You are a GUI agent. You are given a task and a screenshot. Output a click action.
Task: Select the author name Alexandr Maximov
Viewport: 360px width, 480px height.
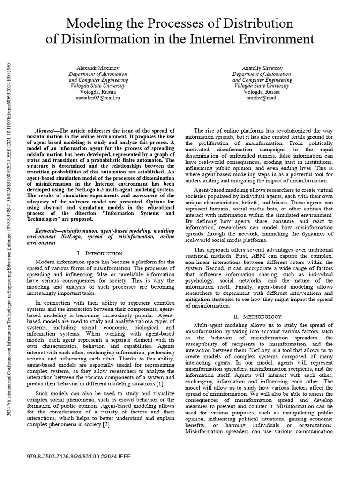(98, 68)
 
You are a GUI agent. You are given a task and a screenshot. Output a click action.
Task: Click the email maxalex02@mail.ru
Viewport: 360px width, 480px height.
(98, 98)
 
